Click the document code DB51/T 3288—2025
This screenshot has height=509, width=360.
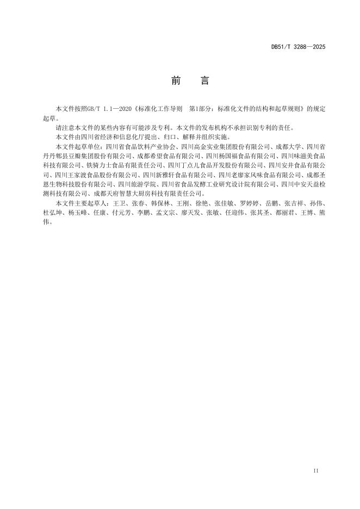[298, 47]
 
